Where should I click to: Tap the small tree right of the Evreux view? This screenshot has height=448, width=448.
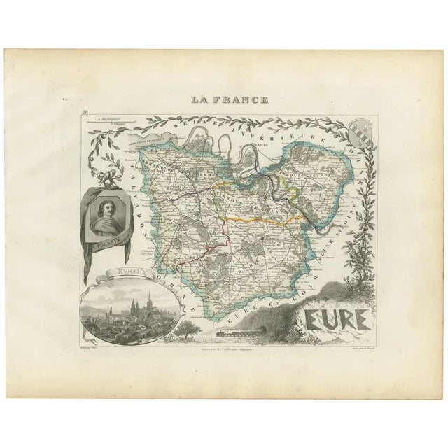pos(184,323)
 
